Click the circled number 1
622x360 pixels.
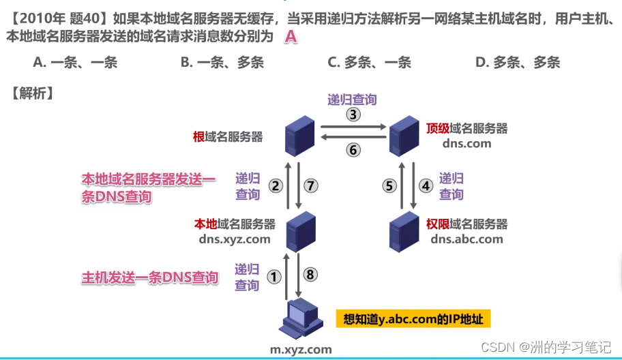point(273,276)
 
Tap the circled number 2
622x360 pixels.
point(276,185)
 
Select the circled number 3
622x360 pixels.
point(353,114)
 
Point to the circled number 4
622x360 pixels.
point(426,185)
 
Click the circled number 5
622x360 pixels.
point(389,185)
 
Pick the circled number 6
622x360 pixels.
point(353,150)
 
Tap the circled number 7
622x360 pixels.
point(310,185)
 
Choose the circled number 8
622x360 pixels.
point(310,275)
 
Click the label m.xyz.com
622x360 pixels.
point(301,350)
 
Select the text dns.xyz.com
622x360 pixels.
point(235,239)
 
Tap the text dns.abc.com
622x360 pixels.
point(467,239)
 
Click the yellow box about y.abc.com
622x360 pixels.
point(413,319)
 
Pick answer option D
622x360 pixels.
point(517,63)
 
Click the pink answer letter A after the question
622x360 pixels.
point(291,37)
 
